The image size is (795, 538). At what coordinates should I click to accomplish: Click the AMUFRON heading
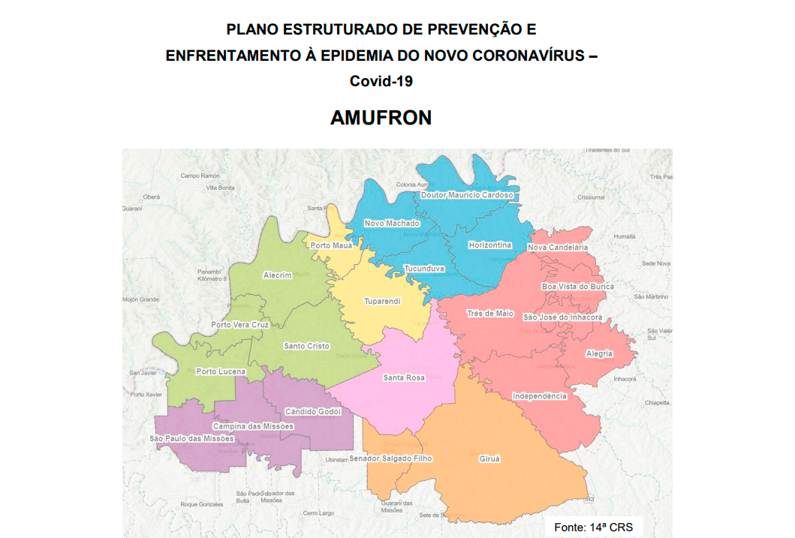pyautogui.click(x=381, y=118)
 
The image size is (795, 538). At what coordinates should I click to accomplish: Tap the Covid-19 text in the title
pyautogui.click(x=381, y=81)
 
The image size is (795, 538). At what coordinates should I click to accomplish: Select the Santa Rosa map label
pyautogui.click(x=404, y=377)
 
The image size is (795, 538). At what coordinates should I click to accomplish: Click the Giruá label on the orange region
pyautogui.click(x=489, y=458)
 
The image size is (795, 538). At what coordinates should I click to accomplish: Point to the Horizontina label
pyautogui.click(x=489, y=245)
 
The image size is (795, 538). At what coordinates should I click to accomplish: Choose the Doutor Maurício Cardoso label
pyautogui.click(x=467, y=195)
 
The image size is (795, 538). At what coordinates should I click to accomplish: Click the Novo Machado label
pyautogui.click(x=392, y=224)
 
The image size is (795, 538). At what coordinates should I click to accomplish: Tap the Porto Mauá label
pyautogui.click(x=331, y=245)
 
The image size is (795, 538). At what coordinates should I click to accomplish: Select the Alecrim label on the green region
pyautogui.click(x=277, y=275)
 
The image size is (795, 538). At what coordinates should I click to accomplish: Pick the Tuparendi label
pyautogui.click(x=382, y=301)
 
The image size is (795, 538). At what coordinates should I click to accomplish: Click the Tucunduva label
pyautogui.click(x=424, y=269)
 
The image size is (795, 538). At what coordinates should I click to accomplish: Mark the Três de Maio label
pyautogui.click(x=490, y=314)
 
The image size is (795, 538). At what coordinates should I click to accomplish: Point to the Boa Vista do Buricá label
pyautogui.click(x=577, y=287)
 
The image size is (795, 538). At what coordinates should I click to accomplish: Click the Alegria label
pyautogui.click(x=599, y=353)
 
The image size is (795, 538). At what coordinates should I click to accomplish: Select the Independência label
pyautogui.click(x=539, y=396)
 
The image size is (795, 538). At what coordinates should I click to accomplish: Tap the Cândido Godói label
pyautogui.click(x=313, y=411)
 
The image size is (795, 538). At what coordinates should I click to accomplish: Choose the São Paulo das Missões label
pyautogui.click(x=192, y=438)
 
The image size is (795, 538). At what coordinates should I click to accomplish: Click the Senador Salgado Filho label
pyautogui.click(x=390, y=458)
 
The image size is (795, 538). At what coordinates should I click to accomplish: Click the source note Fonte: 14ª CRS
pyautogui.click(x=593, y=527)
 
